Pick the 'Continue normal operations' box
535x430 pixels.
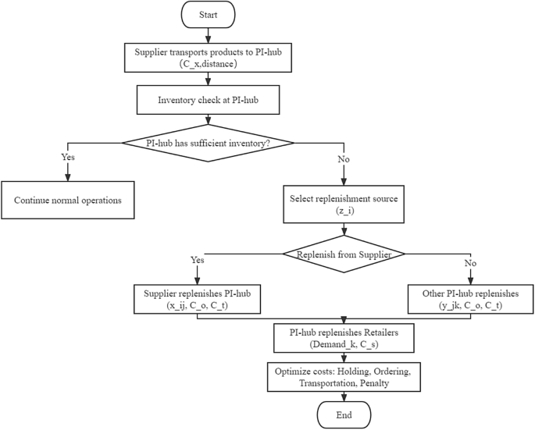68,200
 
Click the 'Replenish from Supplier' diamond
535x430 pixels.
344,254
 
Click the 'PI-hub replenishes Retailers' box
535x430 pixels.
344,338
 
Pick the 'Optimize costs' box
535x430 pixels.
344,375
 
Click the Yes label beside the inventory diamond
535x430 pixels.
68,157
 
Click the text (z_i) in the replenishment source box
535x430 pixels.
344,211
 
